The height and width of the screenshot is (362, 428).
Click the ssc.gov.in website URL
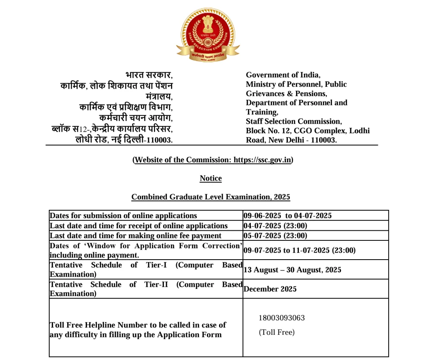pos(262,160)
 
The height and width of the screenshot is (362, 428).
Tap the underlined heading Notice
pos(211,178)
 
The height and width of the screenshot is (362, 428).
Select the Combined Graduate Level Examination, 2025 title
pos(211,197)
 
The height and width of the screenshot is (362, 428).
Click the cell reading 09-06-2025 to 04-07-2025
pos(288,216)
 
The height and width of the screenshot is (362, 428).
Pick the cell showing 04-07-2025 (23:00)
pos(275,226)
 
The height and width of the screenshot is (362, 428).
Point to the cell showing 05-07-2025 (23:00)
pos(275,236)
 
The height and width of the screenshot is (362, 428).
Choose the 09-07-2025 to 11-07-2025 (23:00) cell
pos(299,250)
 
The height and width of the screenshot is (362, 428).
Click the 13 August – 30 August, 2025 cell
pos(292,270)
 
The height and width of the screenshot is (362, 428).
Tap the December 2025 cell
pos(270,289)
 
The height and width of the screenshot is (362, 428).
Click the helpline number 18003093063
pos(282,318)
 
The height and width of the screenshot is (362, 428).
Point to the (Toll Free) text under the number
pos(277,332)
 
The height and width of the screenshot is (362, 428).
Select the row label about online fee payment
pos(135,236)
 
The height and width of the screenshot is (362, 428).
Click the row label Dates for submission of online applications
pos(123,216)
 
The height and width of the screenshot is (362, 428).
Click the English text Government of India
pos(283,75)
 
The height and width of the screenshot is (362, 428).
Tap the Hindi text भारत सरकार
pos(148,75)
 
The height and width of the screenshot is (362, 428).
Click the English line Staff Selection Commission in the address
pos(294,121)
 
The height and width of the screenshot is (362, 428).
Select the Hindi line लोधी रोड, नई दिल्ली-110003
pos(124,140)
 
